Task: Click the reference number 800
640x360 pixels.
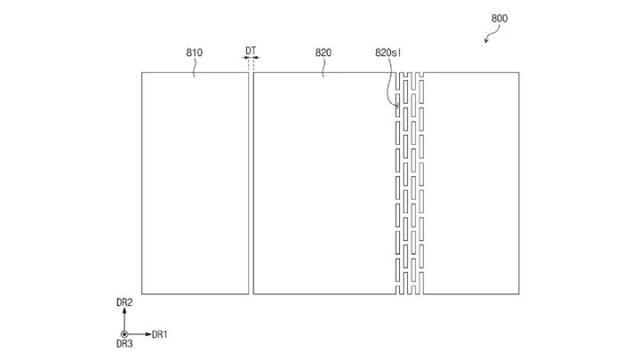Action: (x=500, y=19)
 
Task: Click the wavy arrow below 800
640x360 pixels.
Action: (x=492, y=34)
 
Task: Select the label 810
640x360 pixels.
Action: (x=195, y=52)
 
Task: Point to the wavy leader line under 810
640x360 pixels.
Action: (x=195, y=68)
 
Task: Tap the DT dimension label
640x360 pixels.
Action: (x=251, y=51)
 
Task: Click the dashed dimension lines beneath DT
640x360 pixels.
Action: (x=251, y=64)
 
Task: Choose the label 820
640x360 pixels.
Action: (x=324, y=52)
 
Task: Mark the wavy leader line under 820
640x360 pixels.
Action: (x=324, y=68)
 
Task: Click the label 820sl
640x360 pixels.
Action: (x=388, y=52)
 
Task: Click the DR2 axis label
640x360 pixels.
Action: (x=124, y=302)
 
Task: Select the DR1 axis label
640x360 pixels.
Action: (x=160, y=335)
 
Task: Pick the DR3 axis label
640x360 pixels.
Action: (x=124, y=344)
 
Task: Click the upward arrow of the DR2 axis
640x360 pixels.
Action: (x=124, y=320)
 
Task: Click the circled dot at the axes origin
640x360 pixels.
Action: (x=124, y=334)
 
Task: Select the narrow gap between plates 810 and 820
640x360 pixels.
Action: (x=251, y=183)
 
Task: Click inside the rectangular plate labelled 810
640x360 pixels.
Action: (x=195, y=183)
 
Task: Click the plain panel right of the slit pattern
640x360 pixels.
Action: (x=471, y=183)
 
